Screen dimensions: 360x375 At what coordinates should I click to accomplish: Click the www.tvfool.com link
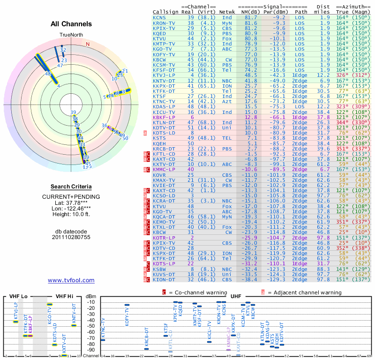point(71,280)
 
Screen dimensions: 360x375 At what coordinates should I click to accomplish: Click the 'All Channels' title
point(71,24)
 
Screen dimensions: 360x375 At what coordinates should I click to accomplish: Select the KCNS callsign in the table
point(160,17)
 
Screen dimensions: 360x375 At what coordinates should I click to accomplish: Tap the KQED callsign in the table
point(160,33)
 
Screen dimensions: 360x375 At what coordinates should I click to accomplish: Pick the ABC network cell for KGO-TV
point(227,49)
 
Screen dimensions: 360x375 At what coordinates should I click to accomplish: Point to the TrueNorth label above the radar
point(71,35)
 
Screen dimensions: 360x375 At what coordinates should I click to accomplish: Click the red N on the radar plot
point(88,44)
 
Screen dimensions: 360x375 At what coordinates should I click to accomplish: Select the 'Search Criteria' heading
point(71,187)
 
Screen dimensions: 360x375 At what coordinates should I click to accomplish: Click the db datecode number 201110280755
point(71,237)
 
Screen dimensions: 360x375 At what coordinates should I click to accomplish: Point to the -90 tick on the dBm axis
point(91,350)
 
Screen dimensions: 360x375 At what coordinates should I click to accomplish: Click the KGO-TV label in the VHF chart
point(50,317)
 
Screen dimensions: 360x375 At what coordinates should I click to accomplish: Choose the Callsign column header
point(166,11)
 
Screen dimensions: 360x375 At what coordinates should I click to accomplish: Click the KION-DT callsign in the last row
point(164,279)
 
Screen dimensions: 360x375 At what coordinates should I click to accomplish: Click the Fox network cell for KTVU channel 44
point(227,38)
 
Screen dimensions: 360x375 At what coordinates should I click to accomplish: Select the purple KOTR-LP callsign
point(164,238)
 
